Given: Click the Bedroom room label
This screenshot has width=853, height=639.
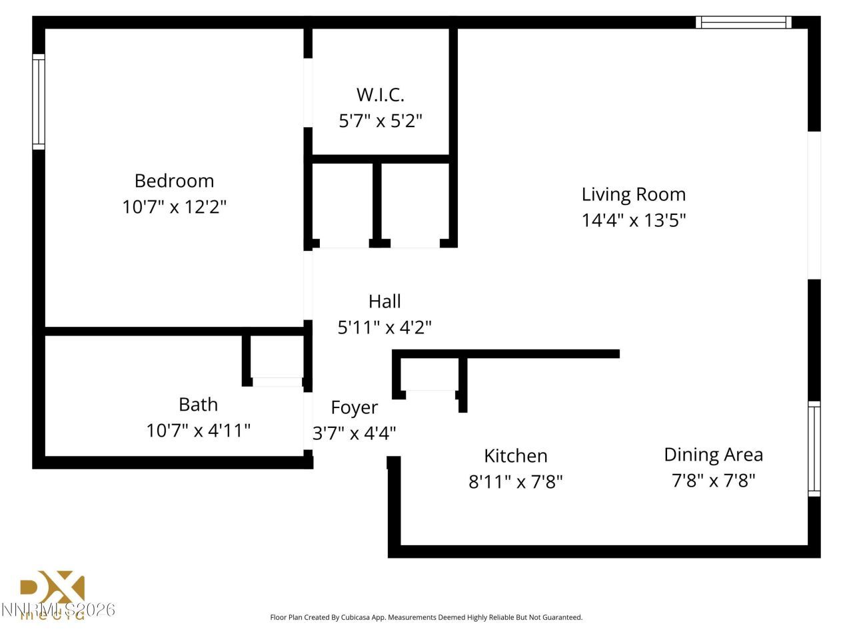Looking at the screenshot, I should [x=174, y=181].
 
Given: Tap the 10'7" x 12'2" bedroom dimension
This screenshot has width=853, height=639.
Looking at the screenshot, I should [x=174, y=207].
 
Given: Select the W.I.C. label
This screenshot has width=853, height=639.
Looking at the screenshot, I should [x=380, y=95].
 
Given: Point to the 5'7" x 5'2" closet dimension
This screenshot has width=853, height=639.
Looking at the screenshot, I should [x=381, y=121].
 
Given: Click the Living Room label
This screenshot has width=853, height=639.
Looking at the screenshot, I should [x=633, y=194].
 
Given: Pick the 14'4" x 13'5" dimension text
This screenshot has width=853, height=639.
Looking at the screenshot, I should [x=633, y=220].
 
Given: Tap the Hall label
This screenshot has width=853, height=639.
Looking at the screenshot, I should [x=385, y=302].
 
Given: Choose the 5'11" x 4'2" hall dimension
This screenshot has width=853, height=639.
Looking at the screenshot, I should [x=385, y=327].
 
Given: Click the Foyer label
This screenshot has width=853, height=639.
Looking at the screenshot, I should [x=354, y=407].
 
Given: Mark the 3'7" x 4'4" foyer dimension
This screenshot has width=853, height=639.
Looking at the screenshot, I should [x=354, y=433].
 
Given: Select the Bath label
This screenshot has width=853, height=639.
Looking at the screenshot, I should [x=198, y=405].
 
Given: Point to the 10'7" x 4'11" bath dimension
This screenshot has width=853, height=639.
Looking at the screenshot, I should [x=198, y=431].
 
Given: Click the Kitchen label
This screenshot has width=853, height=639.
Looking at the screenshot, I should [x=515, y=456].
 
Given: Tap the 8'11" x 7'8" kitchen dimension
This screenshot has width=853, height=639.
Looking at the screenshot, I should [x=515, y=482].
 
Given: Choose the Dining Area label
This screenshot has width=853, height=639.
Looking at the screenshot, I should [x=713, y=455].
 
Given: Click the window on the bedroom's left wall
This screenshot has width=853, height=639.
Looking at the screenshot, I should [x=39, y=102].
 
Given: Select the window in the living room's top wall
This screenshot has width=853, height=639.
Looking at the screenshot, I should [x=743, y=22].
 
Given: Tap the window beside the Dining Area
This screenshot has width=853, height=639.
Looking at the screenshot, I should [x=814, y=449].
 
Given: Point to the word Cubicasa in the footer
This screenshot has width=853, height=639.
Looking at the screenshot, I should [x=359, y=618].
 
